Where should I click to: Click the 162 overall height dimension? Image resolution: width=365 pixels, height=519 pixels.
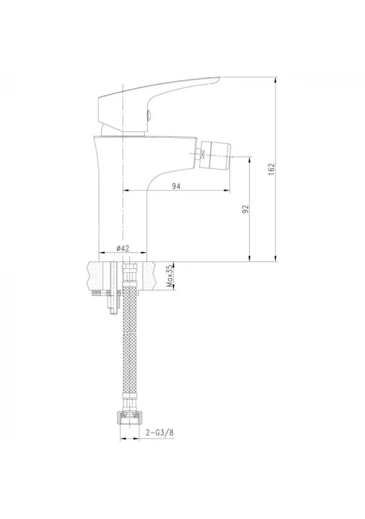click(x=271, y=169)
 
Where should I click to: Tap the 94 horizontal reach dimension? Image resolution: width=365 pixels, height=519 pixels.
click(x=176, y=187)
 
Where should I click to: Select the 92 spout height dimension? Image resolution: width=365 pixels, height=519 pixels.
click(x=245, y=209)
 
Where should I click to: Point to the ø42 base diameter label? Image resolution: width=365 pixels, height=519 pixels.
click(x=123, y=248)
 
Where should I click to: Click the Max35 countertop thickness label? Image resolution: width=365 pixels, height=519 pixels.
click(x=170, y=276)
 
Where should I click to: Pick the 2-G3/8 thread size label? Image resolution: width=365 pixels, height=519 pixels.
click(x=160, y=432)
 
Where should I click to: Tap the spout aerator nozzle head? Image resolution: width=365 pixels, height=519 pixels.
click(x=217, y=154)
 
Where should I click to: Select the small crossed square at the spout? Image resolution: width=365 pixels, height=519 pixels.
click(x=202, y=154)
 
